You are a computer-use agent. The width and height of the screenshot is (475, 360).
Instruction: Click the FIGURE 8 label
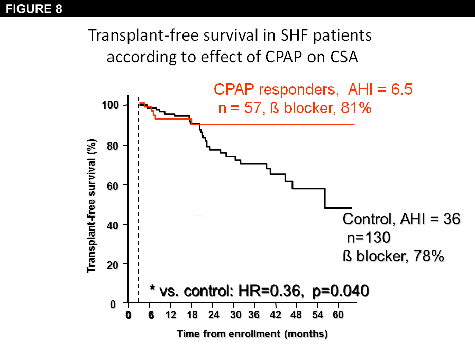(x=34, y=8)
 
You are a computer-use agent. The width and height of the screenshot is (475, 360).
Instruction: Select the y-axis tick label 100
(x=111, y=105)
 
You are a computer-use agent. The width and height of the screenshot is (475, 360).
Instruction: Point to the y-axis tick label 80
(x=113, y=146)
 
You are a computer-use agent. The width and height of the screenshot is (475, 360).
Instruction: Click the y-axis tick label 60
(x=113, y=185)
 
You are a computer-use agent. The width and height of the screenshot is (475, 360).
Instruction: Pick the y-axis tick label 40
(x=113, y=225)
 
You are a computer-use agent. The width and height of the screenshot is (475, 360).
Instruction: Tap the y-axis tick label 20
(x=113, y=264)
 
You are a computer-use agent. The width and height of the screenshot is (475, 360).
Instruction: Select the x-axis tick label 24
(x=214, y=315)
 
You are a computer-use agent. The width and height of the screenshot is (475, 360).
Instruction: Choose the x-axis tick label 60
(x=338, y=315)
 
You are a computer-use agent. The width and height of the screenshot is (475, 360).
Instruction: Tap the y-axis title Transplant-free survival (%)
(x=92, y=205)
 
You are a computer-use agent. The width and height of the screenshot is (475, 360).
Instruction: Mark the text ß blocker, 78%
(x=393, y=256)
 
